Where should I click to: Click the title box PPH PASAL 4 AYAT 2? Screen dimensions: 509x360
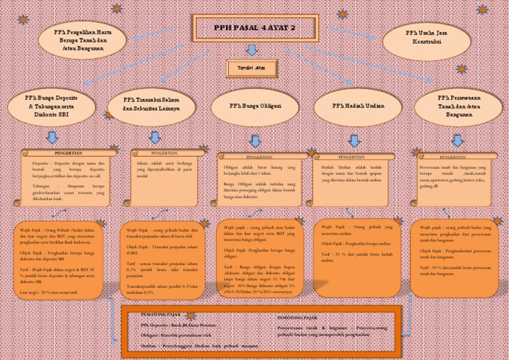[x=254, y=27]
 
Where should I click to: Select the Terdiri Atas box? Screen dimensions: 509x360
[x=251, y=68]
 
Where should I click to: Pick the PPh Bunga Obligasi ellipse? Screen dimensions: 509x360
[x=255, y=106]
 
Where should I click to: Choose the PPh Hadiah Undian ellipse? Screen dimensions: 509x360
[x=359, y=106]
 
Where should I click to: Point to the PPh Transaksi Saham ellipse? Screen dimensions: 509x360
[x=151, y=105]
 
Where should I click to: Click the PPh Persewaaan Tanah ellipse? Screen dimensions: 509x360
[x=458, y=106]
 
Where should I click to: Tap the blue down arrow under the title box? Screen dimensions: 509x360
[x=251, y=50]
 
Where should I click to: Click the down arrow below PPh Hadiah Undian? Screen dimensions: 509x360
[x=355, y=141]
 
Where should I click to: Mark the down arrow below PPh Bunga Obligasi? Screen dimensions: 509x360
[x=254, y=141]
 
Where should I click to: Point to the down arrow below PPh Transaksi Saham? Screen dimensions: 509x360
[x=154, y=137]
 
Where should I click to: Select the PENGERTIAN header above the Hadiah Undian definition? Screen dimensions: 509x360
[x=356, y=157]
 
